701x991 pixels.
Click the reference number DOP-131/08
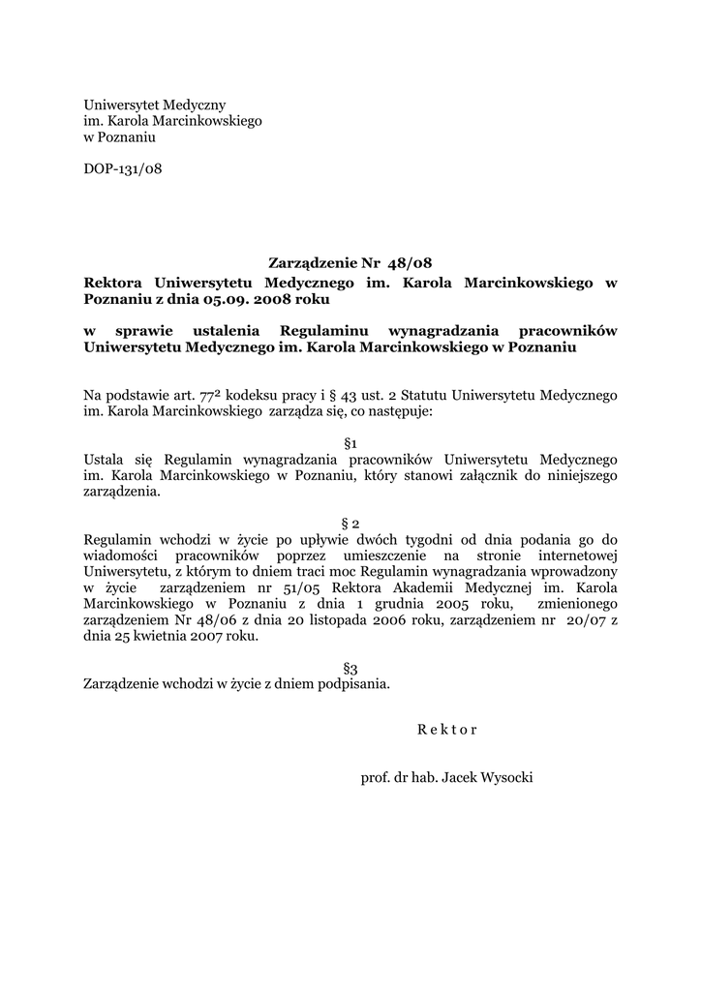[123, 169]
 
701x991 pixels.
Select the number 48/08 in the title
[410, 262]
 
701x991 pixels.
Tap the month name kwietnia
[159, 637]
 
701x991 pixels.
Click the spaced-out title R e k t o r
[447, 729]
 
